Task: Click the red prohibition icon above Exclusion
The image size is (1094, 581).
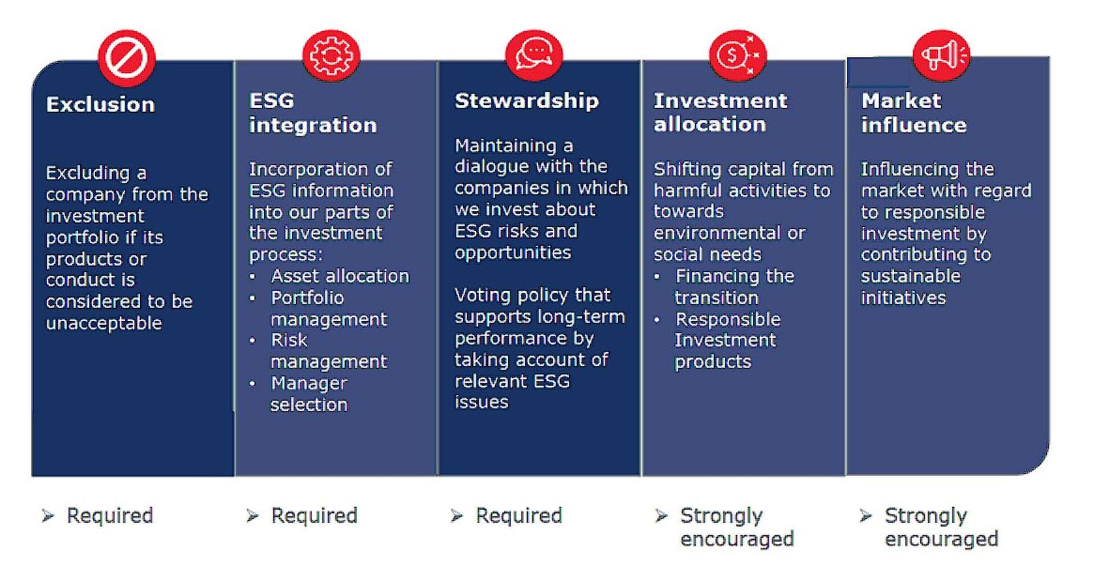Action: coord(126,58)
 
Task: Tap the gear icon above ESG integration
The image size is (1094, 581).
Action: coord(330,55)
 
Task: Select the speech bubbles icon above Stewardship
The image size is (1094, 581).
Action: coord(534,55)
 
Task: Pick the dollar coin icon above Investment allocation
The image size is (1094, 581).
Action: coord(737,55)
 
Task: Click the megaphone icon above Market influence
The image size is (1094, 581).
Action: coord(941,55)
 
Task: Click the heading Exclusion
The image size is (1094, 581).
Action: coord(100,104)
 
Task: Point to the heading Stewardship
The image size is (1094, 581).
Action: coord(526,100)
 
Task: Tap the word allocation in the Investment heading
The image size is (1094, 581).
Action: coord(709,124)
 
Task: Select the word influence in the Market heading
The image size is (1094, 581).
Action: coord(914,125)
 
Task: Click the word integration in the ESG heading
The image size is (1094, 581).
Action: coord(313,125)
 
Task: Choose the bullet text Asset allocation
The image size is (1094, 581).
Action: coord(340,276)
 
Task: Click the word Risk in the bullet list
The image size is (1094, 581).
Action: coord(289,340)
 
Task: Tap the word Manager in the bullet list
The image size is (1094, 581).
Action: coord(309,383)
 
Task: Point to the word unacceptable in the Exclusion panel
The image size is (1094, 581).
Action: coord(104,323)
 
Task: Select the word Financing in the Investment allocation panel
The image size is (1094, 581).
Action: coord(717,276)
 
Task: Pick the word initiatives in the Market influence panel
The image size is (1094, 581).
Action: coord(903,297)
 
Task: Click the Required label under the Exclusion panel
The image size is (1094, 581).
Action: coord(110,515)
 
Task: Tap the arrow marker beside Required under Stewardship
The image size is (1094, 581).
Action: coord(456,516)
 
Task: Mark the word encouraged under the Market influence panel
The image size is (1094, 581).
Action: coord(941,539)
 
